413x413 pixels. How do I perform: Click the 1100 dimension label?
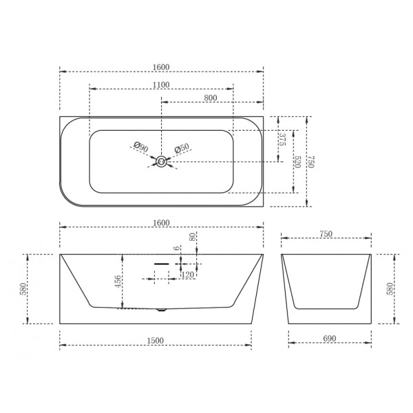coord(161,85)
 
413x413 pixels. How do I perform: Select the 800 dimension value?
coord(211,98)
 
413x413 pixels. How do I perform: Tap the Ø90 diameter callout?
coord(141,147)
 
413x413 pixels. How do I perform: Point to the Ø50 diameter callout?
coord(182,148)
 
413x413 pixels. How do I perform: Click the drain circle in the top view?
coord(161,162)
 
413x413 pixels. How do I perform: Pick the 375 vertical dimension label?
coord(282,139)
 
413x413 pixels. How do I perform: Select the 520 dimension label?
coord(297,162)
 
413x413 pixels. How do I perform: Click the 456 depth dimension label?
coord(118,282)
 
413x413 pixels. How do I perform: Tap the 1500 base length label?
coord(155,340)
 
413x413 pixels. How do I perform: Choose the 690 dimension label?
coord(330,338)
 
